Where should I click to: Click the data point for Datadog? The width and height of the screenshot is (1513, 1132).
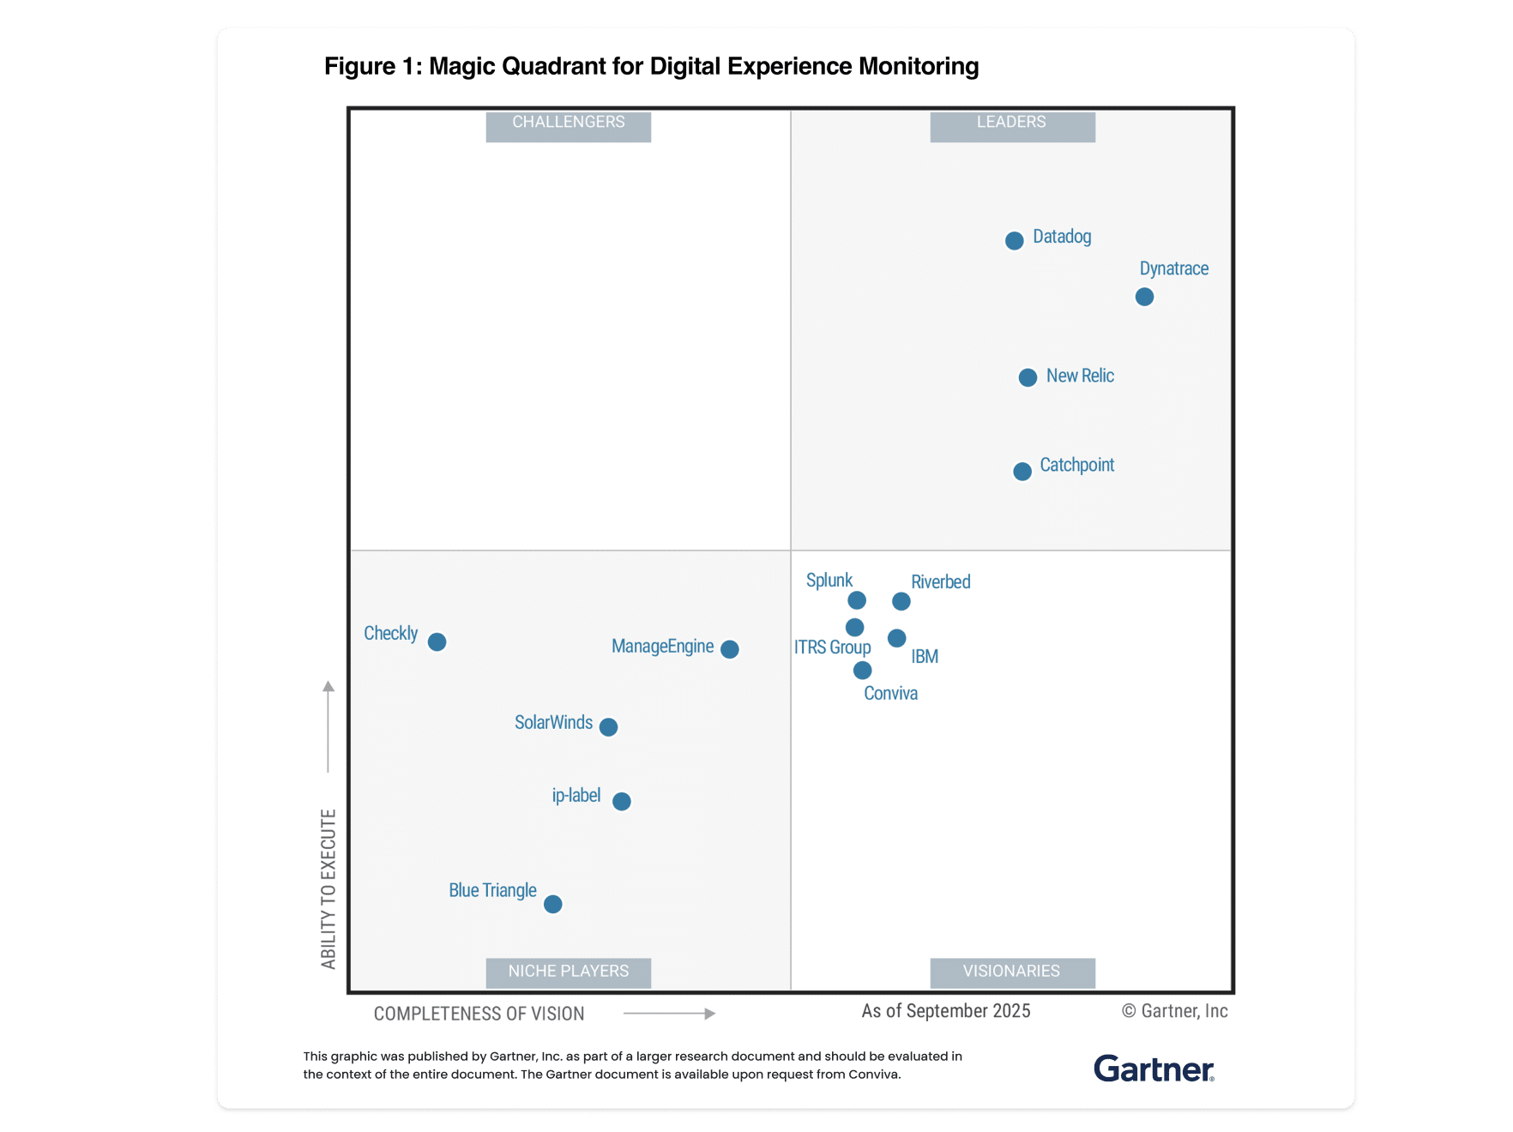point(1014,241)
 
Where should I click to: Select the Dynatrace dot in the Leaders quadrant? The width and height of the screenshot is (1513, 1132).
point(1144,297)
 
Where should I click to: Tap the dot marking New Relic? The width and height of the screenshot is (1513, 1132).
point(1028,377)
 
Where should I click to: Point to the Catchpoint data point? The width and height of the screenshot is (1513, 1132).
point(1022,472)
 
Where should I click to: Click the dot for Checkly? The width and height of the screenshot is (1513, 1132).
point(437,642)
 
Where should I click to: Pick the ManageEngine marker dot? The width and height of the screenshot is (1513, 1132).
point(730,649)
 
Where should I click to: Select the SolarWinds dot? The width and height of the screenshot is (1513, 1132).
point(608,727)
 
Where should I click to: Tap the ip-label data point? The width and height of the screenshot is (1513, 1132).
point(622,801)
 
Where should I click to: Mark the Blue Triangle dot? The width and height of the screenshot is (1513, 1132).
point(553,904)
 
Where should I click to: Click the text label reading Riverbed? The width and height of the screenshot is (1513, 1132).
point(940,582)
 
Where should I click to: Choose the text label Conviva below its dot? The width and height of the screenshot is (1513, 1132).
point(890,694)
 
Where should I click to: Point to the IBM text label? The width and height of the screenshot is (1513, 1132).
point(925,657)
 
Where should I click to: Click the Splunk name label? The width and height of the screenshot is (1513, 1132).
point(829,581)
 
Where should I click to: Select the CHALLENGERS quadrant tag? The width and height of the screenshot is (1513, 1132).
point(568,123)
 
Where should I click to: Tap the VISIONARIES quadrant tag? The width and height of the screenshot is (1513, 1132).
point(1012,972)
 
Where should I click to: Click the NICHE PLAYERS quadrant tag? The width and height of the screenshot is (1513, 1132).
point(568,972)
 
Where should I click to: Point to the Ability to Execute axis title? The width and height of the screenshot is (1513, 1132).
point(329,888)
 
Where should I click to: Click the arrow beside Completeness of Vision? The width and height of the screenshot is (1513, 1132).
point(669,1014)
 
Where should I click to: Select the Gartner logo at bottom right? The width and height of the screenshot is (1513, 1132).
point(1154,1069)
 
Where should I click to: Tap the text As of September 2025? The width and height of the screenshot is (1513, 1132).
point(945,1011)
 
